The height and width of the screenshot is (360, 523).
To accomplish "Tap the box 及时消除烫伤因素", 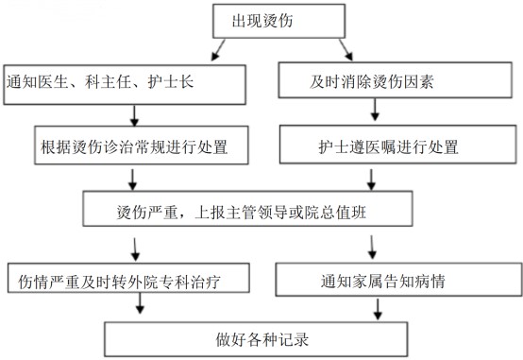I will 399,81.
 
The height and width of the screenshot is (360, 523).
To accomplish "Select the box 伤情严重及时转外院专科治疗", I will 128,279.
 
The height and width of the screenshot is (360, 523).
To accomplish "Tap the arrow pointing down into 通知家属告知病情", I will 375,247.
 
